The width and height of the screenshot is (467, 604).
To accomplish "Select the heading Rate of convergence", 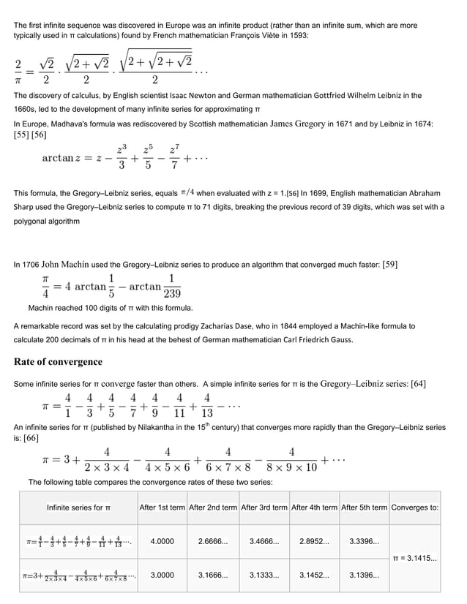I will (58, 362).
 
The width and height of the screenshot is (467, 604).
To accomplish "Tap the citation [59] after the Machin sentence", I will (387, 264).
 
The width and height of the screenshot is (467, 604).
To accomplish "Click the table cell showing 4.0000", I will (162, 542).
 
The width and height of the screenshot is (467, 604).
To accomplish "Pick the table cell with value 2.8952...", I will (314, 542).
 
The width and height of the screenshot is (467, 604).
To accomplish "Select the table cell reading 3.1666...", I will (213, 575).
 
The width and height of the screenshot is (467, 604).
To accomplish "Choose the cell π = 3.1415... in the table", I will (415, 559).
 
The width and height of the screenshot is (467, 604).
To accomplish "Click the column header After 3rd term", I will (264, 507).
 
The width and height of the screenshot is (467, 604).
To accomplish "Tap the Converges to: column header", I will (415, 507).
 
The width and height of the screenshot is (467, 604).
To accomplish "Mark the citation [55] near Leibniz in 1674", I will (23, 135).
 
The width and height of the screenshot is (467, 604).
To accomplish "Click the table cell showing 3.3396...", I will (364, 542).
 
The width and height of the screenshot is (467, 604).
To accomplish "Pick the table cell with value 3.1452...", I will (314, 575).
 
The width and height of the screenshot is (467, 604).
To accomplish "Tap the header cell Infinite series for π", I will (78, 507).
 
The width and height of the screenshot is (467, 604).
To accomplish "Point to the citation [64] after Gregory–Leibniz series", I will (418, 384).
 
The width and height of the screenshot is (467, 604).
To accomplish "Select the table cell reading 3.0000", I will (162, 575).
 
